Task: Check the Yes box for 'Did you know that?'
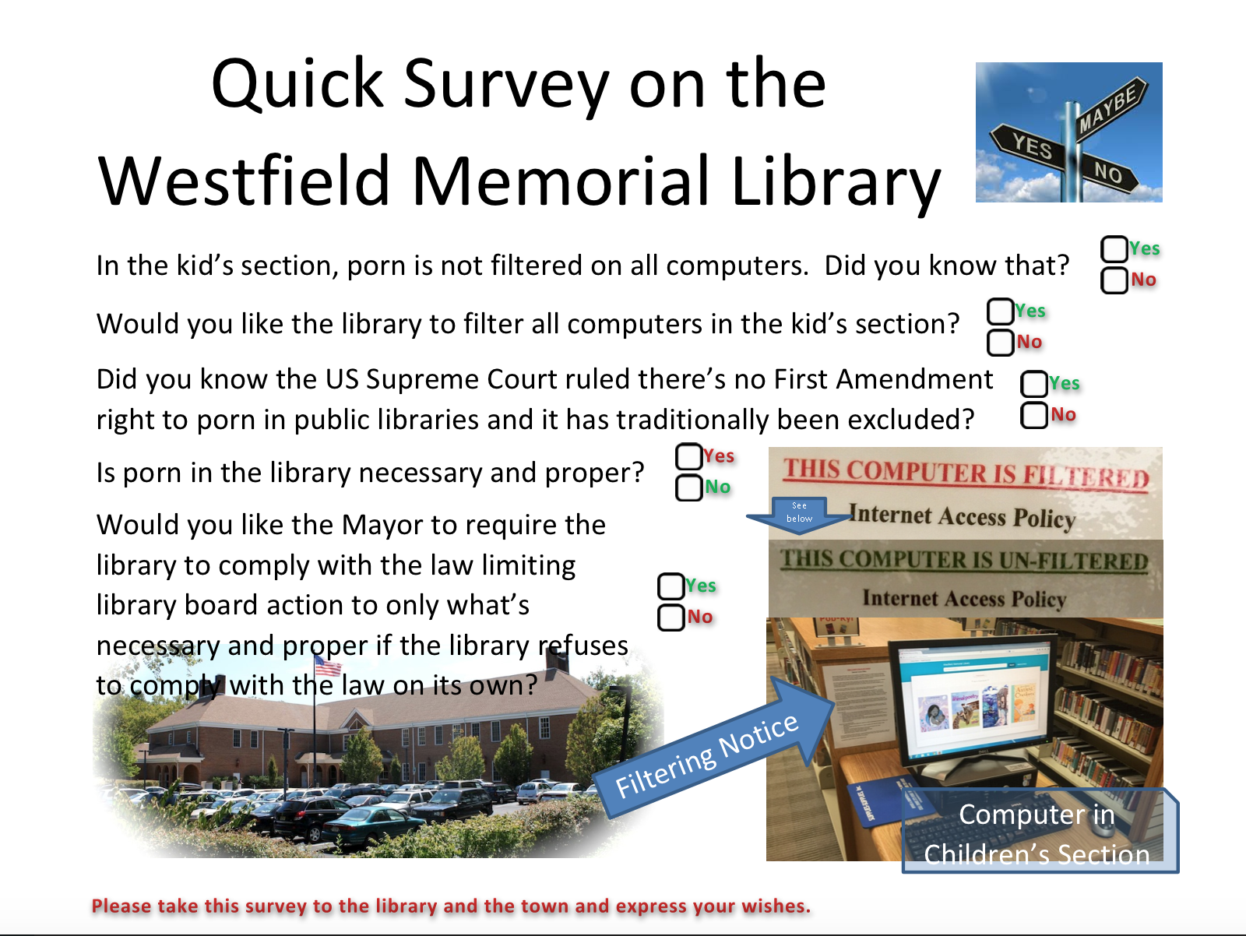(x=1114, y=249)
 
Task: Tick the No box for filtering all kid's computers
(x=1000, y=343)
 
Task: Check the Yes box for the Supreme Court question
(x=1034, y=384)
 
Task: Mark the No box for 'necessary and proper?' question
(x=688, y=488)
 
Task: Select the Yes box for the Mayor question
(x=671, y=586)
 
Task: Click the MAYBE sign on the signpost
(x=1110, y=110)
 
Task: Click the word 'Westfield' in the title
(x=243, y=181)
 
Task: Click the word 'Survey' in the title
(x=506, y=84)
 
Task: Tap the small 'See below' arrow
(x=799, y=514)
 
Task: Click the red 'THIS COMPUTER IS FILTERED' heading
(x=966, y=473)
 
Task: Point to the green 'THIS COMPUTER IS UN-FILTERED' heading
(x=964, y=560)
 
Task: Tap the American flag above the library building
(x=328, y=665)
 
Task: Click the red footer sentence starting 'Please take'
(x=451, y=906)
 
